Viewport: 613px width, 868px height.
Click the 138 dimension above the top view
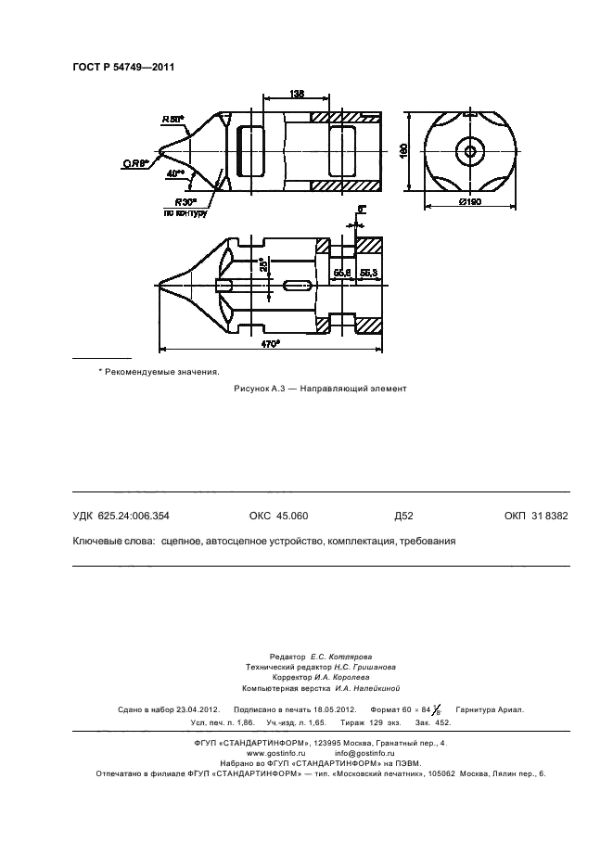click(x=297, y=94)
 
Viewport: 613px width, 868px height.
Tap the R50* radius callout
click(x=172, y=120)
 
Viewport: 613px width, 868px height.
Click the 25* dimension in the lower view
click(x=262, y=265)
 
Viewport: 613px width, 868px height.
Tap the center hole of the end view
click(x=470, y=151)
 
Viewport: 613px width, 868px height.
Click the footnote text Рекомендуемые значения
click(x=163, y=371)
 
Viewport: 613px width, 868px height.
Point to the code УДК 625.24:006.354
click(x=121, y=516)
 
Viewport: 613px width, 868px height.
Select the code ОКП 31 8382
click(x=536, y=516)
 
